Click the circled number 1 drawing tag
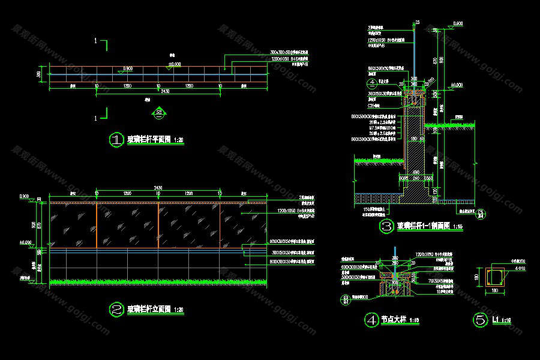coord(115,140)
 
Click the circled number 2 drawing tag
coord(115,310)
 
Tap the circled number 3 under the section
coord(386,226)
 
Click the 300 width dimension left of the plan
coord(39,74)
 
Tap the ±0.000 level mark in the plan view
coord(175,64)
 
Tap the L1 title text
coord(496,320)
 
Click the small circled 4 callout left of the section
coord(372,82)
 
